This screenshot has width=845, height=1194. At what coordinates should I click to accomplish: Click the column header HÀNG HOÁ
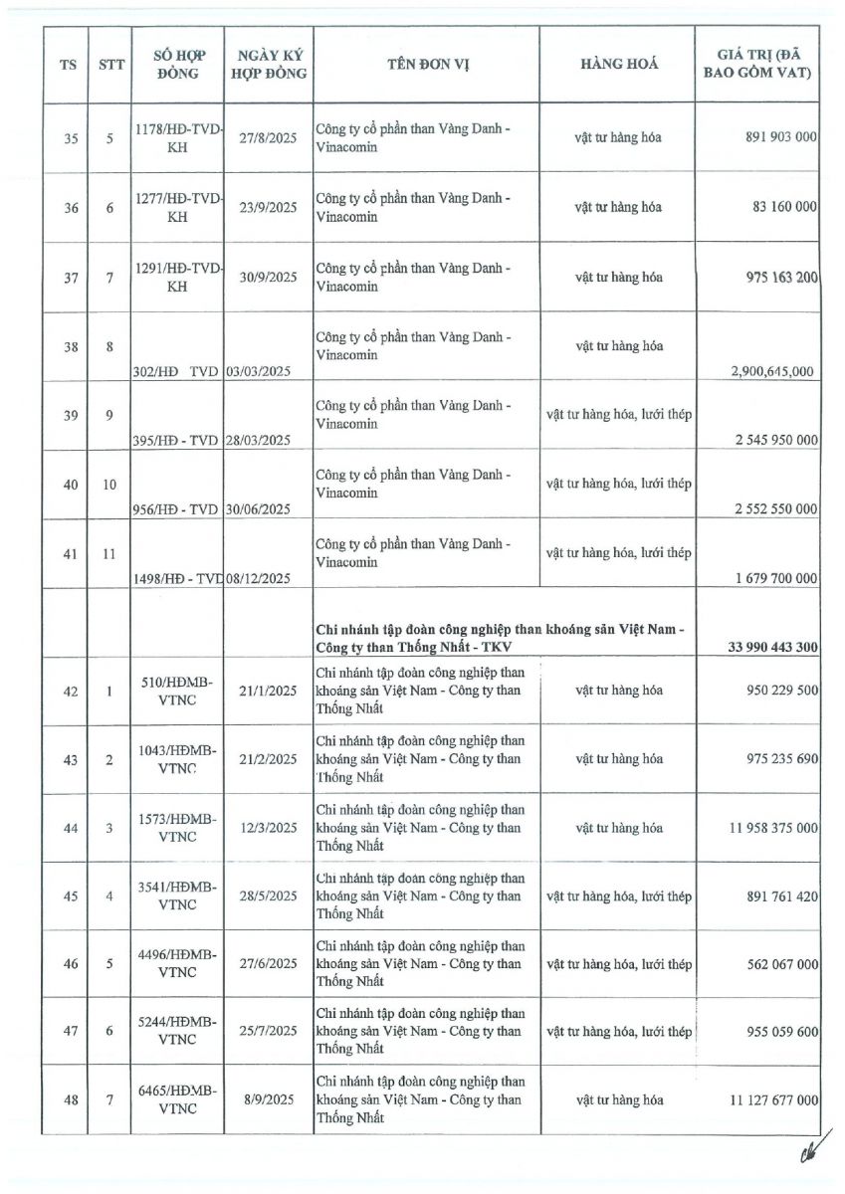618,64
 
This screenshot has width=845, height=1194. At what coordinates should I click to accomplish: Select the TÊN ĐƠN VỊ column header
427,64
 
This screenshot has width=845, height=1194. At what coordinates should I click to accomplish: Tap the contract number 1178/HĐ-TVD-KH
177,138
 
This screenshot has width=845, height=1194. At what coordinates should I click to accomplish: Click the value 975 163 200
767,278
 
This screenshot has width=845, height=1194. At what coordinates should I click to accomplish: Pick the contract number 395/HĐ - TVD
175,440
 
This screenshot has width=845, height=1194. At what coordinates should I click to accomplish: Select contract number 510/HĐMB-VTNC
177,691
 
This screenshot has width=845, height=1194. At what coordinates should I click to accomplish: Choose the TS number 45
71,896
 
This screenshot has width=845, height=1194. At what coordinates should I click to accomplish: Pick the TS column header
69,64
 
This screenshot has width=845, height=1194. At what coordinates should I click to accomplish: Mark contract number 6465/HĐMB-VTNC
177,1100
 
